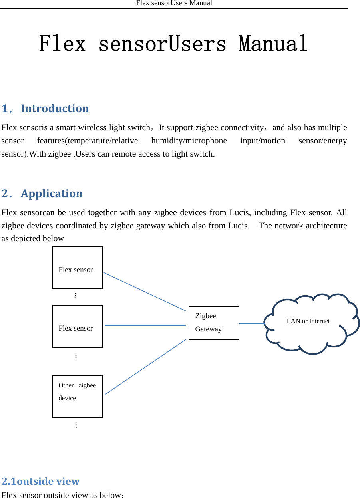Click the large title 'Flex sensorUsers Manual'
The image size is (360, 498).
(x=173, y=44)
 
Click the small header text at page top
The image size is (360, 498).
(x=174, y=3)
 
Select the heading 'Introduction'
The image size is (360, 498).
(x=55, y=109)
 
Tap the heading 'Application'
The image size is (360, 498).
(x=52, y=194)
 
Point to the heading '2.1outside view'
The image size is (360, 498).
(x=41, y=481)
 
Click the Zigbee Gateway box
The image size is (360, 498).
(x=214, y=323)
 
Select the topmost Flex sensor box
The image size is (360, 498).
(x=77, y=268)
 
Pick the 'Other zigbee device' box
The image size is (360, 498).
(x=77, y=396)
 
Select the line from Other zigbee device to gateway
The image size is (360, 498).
(x=145, y=367)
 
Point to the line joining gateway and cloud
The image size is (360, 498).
(x=252, y=323)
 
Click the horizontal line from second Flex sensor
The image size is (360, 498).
(x=145, y=326)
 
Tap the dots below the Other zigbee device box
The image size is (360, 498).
(x=76, y=425)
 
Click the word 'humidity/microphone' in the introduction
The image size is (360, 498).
(x=189, y=141)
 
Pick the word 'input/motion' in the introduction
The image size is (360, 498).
(x=263, y=141)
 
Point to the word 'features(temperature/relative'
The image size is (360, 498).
(x=87, y=141)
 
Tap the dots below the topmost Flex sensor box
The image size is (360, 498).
(x=75, y=296)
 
